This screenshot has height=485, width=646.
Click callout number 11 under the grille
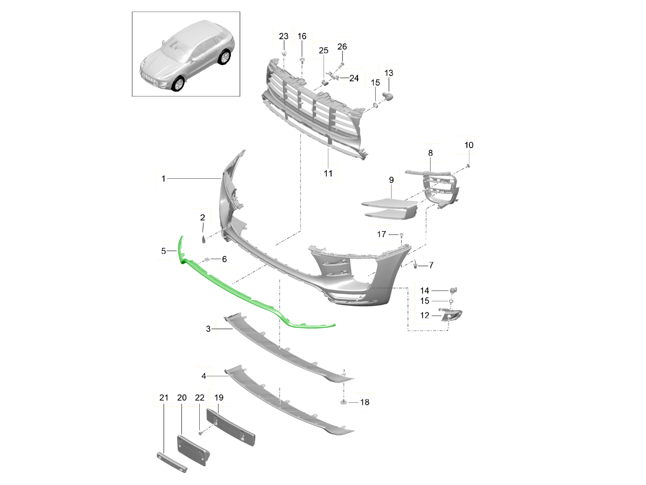click(x=328, y=174)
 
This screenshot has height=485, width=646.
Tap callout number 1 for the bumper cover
click(x=164, y=178)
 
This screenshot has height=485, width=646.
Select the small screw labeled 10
click(x=468, y=165)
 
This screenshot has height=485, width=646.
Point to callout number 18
click(x=364, y=402)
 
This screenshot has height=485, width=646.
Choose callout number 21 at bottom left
click(x=164, y=398)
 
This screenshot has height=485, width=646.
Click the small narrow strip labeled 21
click(x=172, y=462)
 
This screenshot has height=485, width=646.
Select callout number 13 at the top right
click(x=389, y=73)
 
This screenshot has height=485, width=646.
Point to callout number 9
click(x=391, y=179)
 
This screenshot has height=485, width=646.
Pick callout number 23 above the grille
click(x=284, y=36)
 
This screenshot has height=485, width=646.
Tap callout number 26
click(x=342, y=47)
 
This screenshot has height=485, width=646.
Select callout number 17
click(x=382, y=234)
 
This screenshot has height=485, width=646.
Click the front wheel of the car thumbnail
click(x=177, y=84)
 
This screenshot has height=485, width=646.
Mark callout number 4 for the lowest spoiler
click(x=203, y=375)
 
